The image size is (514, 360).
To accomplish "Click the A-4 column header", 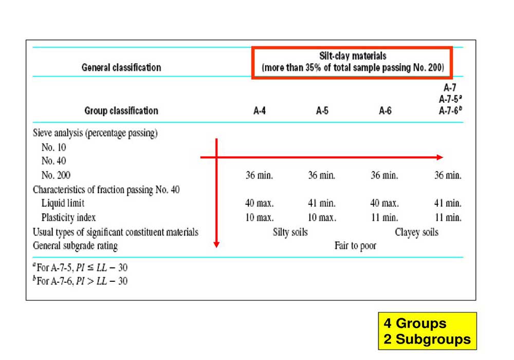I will [260, 111].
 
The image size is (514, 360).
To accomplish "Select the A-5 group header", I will [322, 111].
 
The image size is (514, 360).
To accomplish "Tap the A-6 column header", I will [385, 111].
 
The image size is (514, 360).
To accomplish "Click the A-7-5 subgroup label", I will [445, 99].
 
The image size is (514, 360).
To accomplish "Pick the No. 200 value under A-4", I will [260, 175].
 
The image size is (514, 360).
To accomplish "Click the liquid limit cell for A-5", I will [322, 203].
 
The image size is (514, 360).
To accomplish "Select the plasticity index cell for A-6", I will [384, 218].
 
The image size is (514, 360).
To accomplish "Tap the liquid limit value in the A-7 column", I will [448, 203].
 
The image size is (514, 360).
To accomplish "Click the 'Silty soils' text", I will [290, 232].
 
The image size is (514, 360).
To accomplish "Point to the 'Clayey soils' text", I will [416, 232].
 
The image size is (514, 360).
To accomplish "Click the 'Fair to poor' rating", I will [355, 246].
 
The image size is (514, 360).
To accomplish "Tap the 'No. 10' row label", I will [54, 147].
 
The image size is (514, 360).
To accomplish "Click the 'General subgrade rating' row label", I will [75, 246].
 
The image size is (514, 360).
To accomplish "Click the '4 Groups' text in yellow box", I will [415, 324].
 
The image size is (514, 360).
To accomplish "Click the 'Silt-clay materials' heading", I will [352, 56].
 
